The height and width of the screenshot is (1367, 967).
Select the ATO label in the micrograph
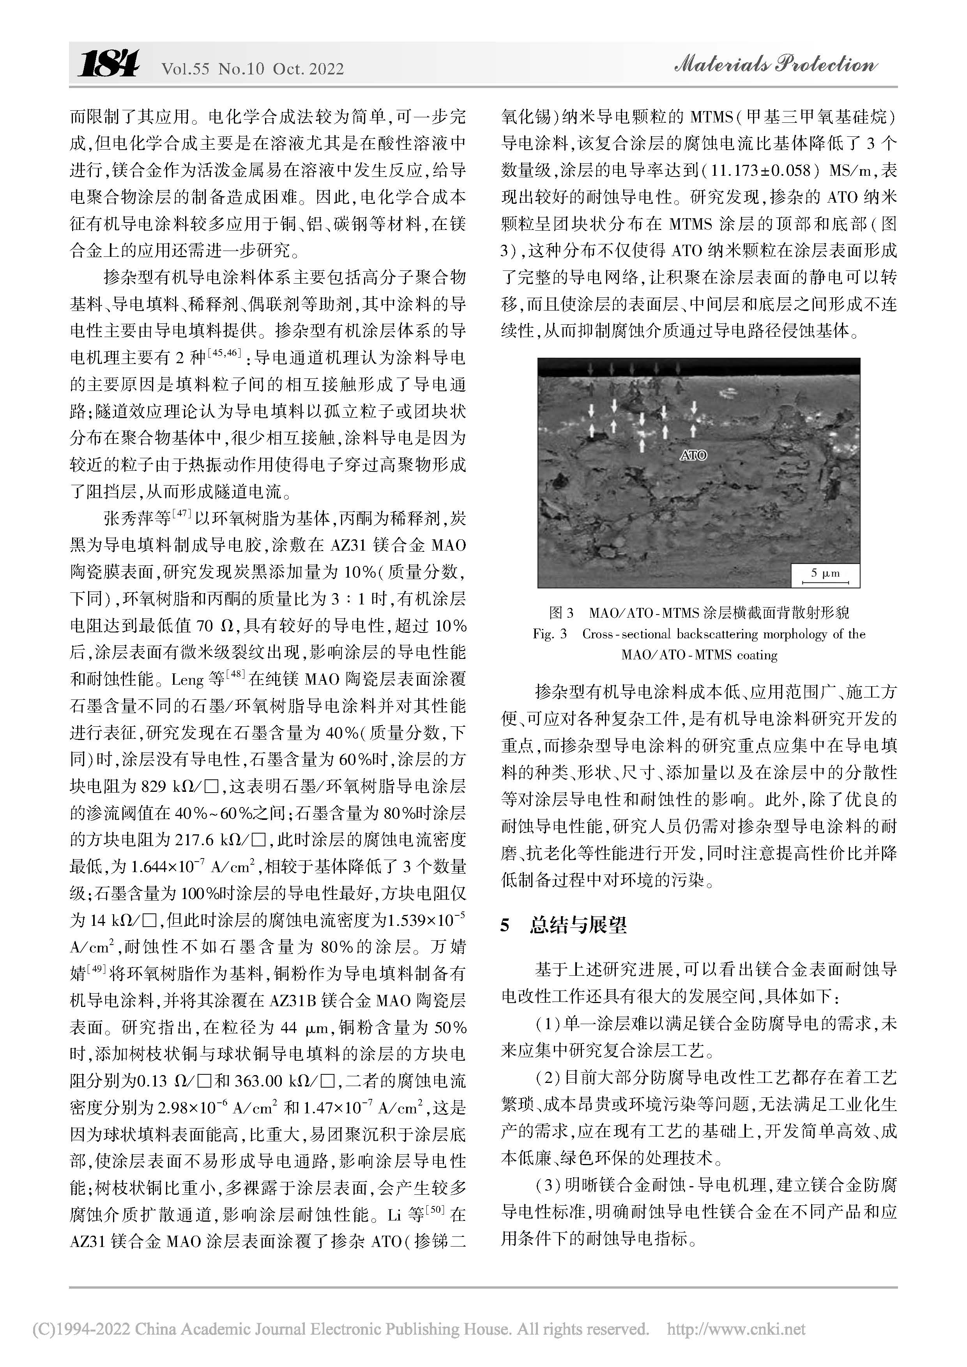pyautogui.click(x=693, y=455)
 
